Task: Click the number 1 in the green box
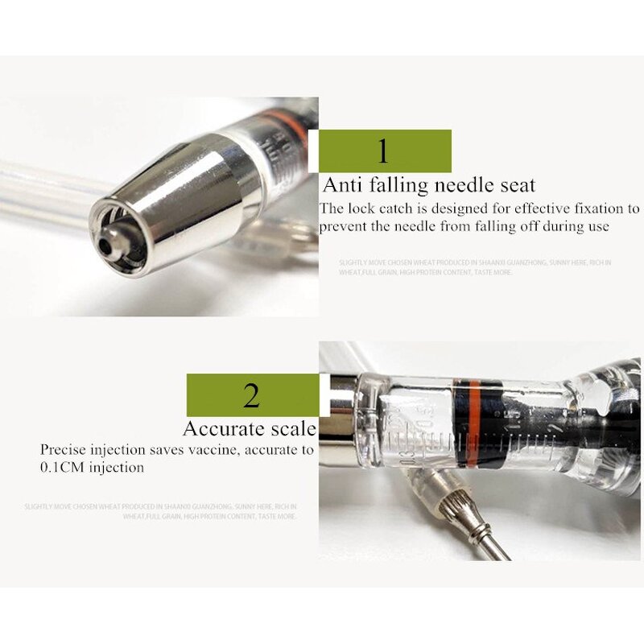(383, 151)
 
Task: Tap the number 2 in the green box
(251, 395)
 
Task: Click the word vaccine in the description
(212, 450)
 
